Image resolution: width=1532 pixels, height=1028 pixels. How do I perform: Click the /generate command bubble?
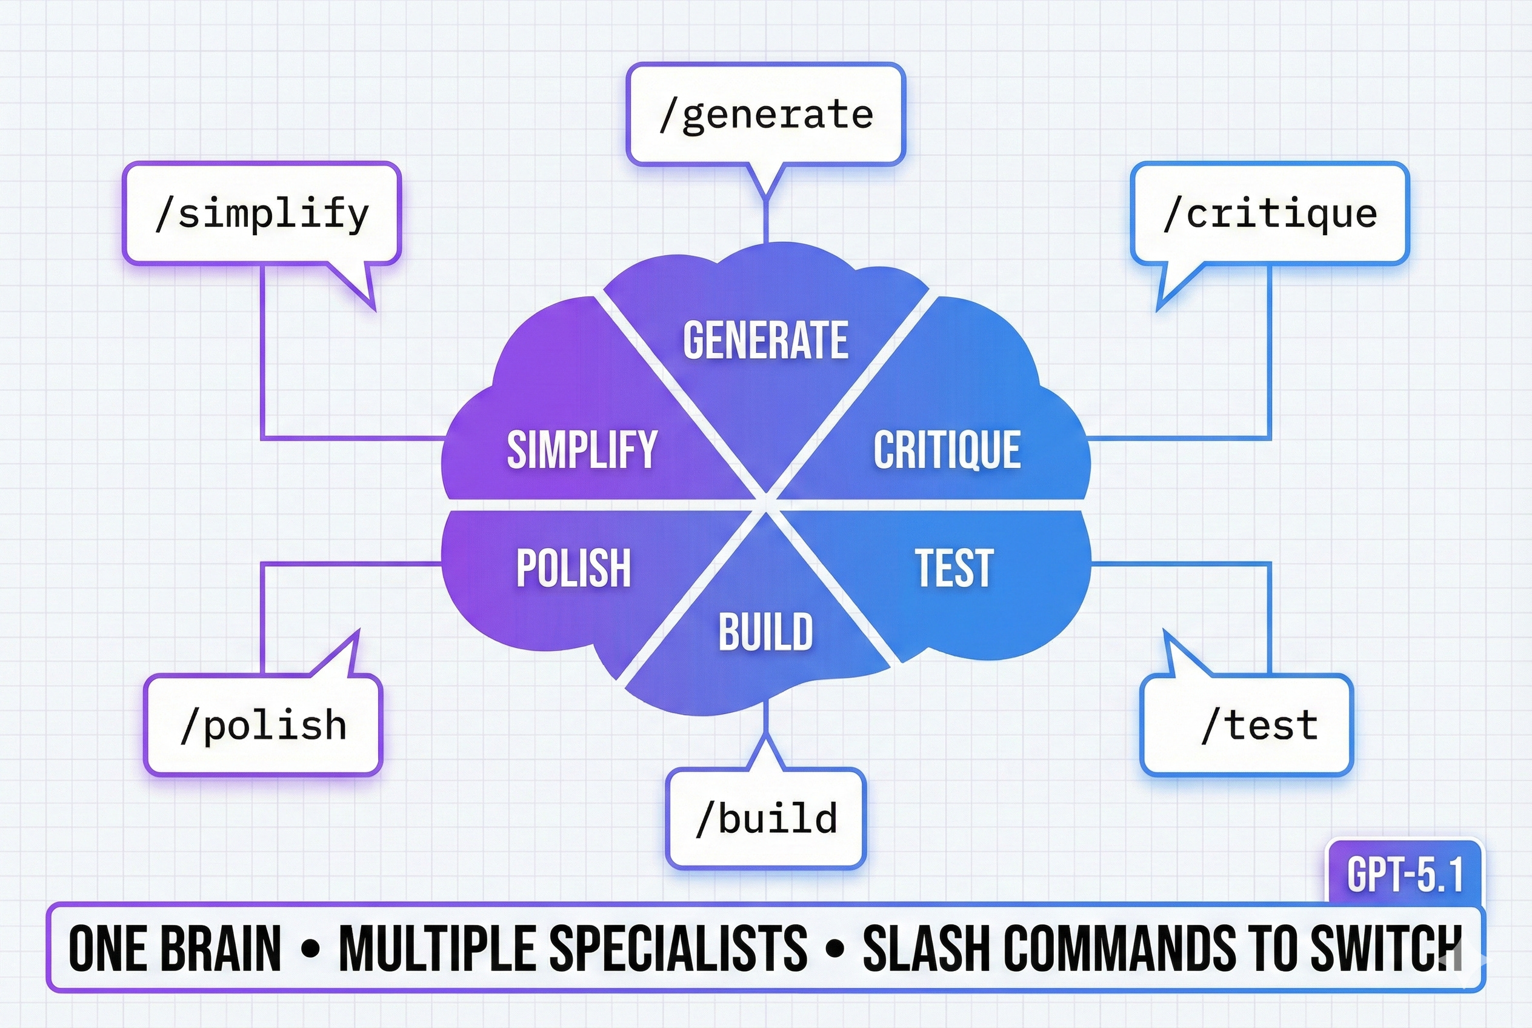tap(765, 115)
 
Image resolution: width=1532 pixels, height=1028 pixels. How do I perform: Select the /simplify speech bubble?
tap(262, 214)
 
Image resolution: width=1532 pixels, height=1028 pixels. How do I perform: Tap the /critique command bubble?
tap(1270, 214)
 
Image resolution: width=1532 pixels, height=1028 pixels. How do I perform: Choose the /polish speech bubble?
tap(263, 725)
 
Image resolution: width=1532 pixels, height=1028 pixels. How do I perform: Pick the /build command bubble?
tap(765, 818)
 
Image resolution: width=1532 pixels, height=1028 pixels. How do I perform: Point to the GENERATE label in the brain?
tap(765, 339)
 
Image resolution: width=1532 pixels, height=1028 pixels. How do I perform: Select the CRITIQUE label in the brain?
tap(947, 450)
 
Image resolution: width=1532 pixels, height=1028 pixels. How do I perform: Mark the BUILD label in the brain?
tap(765, 632)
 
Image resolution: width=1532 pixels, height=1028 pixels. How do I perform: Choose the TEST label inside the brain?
tap(954, 568)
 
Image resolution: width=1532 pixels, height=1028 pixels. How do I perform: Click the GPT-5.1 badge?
tap(1405, 875)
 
